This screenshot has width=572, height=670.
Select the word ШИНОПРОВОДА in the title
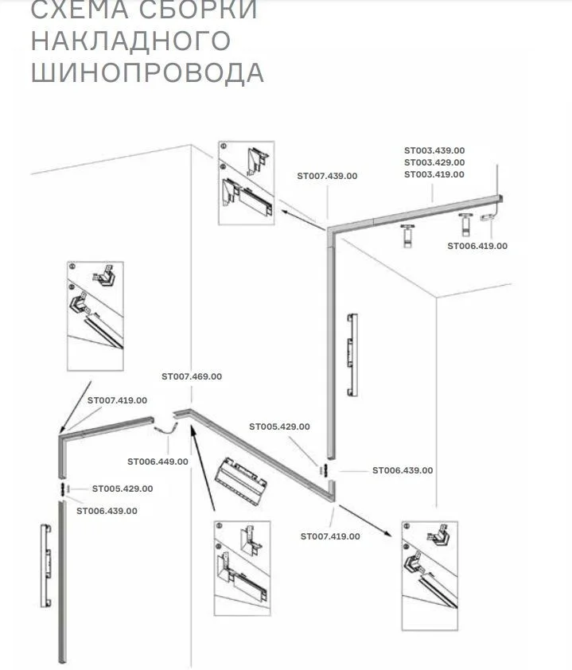tap(147, 72)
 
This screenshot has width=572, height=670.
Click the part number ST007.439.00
tap(327, 176)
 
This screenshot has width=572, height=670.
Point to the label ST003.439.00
tap(434, 150)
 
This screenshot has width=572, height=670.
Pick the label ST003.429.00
tap(434, 162)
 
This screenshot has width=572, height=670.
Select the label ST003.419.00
tap(434, 173)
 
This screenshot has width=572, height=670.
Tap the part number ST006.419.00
tap(477, 246)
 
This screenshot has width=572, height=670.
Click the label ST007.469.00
tap(192, 376)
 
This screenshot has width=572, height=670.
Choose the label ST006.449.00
tap(158, 462)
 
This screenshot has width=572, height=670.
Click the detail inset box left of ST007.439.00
tap(246, 182)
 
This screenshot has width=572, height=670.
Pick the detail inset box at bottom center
tap(243, 564)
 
